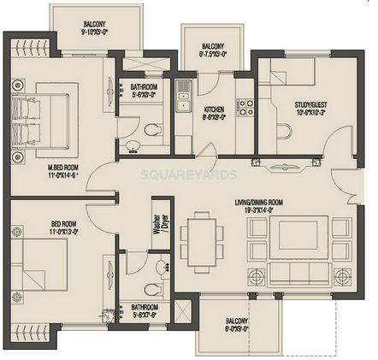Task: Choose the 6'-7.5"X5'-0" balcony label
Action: point(213,50)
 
